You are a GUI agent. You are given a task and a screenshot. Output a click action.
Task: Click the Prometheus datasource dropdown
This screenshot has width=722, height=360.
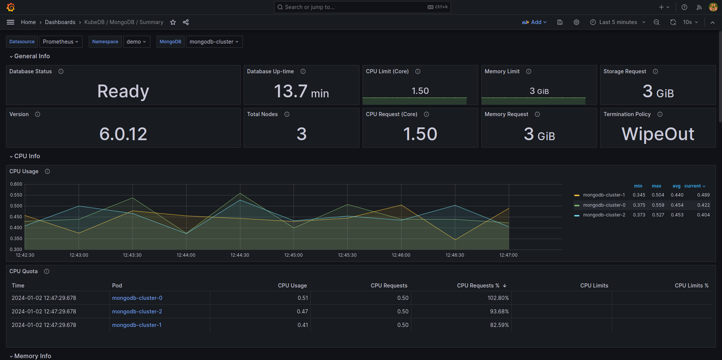click(x=60, y=42)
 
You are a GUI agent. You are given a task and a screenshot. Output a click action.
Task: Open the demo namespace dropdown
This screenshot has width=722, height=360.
click(x=136, y=42)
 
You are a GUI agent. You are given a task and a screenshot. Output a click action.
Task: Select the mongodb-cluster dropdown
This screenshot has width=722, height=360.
click(x=214, y=42)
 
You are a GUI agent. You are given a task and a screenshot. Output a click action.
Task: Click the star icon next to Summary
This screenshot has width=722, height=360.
click(x=173, y=23)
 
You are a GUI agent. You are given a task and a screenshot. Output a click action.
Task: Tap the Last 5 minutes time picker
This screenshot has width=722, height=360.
click(x=618, y=22)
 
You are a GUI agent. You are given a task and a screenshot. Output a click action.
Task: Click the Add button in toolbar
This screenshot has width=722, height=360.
click(x=534, y=22)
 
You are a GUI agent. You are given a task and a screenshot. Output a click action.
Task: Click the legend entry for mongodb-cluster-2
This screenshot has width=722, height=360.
click(x=604, y=215)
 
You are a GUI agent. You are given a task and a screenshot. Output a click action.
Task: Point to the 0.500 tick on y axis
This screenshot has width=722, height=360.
click(x=16, y=206)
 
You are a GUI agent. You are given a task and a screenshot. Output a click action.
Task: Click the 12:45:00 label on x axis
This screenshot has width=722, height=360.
click(x=293, y=255)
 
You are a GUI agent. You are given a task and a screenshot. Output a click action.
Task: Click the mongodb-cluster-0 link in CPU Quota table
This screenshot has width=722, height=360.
click(x=137, y=298)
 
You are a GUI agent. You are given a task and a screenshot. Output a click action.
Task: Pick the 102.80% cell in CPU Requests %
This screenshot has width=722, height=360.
click(x=498, y=298)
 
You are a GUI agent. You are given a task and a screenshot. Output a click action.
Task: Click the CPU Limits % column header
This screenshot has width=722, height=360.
click(x=691, y=286)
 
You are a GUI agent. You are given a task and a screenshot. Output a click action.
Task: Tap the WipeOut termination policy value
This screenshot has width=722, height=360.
click(x=658, y=134)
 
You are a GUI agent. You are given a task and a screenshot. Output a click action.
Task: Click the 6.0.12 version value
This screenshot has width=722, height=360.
click(x=123, y=134)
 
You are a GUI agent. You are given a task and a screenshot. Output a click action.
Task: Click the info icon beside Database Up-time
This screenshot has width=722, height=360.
click(x=303, y=71)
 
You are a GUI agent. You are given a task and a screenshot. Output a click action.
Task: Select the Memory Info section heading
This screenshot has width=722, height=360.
click(x=32, y=356)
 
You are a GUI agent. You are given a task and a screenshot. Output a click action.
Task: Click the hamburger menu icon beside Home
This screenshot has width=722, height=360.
click(x=11, y=22)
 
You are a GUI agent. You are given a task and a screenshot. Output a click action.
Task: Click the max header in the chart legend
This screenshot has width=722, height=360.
click(x=656, y=186)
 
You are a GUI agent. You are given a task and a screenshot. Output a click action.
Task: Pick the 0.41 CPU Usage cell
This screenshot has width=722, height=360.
click(x=302, y=325)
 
